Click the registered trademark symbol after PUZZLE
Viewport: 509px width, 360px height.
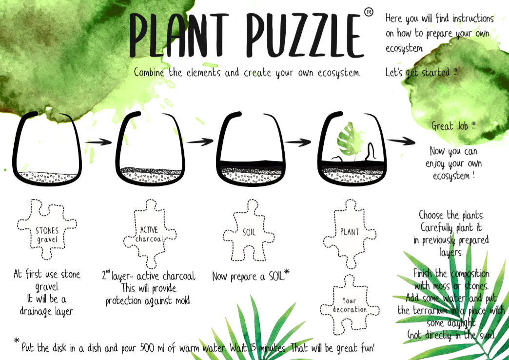pyautogui.click(x=369, y=12)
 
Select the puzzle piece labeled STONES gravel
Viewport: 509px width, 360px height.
pyautogui.click(x=47, y=229)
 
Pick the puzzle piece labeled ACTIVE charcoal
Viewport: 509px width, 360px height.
pyautogui.click(x=150, y=234)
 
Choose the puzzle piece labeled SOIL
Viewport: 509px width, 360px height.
pyautogui.click(x=249, y=230)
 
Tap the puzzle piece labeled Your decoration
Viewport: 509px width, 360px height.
pyautogui.click(x=349, y=305)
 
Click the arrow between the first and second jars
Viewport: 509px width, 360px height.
pyautogui.click(x=98, y=142)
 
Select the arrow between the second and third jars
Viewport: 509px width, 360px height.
pyautogui.click(x=200, y=141)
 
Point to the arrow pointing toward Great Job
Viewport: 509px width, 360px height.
pyautogui.click(x=401, y=141)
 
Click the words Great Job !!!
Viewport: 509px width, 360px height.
pyautogui.click(x=453, y=126)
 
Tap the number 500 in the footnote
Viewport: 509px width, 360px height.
pyautogui.click(x=148, y=348)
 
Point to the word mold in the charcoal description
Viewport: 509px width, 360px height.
pyautogui.click(x=183, y=300)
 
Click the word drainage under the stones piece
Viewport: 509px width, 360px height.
pyautogui.click(x=36, y=312)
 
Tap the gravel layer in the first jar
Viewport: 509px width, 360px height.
pyautogui.click(x=48, y=177)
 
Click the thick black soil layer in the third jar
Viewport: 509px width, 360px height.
pyautogui.click(x=251, y=164)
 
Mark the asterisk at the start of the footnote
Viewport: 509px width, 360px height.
pyautogui.click(x=17, y=340)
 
